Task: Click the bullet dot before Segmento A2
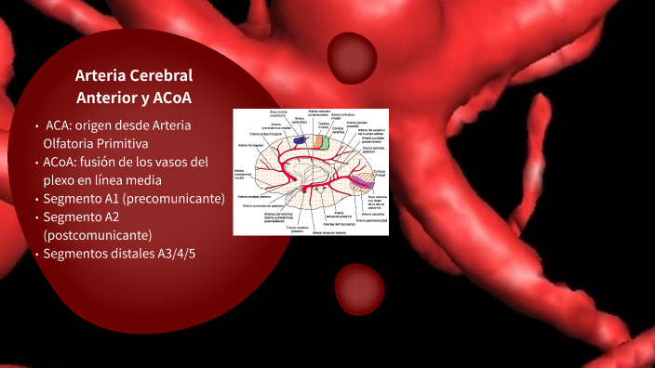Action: click(36, 217)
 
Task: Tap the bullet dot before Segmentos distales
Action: click(36, 254)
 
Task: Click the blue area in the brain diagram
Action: click(302, 139)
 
